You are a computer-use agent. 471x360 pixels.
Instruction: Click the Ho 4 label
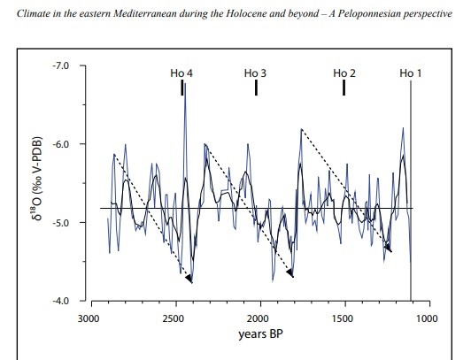(x=181, y=73)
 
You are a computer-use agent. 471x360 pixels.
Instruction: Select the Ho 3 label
(x=255, y=73)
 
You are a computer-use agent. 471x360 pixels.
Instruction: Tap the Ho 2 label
(x=344, y=73)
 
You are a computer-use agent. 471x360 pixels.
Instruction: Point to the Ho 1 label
(x=410, y=73)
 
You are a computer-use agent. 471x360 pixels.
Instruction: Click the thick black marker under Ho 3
(x=256, y=88)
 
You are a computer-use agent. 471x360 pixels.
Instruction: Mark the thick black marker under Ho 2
(x=344, y=88)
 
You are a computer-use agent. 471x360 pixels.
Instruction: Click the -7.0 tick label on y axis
(x=61, y=65)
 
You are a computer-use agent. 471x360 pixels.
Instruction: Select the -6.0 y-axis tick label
(x=61, y=144)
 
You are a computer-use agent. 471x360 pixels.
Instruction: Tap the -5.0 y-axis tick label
(x=61, y=223)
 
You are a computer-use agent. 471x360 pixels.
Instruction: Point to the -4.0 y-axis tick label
(x=61, y=301)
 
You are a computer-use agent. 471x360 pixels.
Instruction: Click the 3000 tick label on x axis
(x=89, y=318)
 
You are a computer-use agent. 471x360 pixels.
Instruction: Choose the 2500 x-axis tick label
(x=173, y=318)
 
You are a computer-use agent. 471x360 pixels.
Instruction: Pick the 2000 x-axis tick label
(x=258, y=318)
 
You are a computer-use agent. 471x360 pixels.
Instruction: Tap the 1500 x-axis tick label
(x=343, y=318)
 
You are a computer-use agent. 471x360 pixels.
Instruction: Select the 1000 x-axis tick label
(x=427, y=318)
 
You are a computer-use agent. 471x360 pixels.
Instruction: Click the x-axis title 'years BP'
(x=260, y=334)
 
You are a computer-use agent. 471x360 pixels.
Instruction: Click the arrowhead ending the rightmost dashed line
(x=388, y=249)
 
